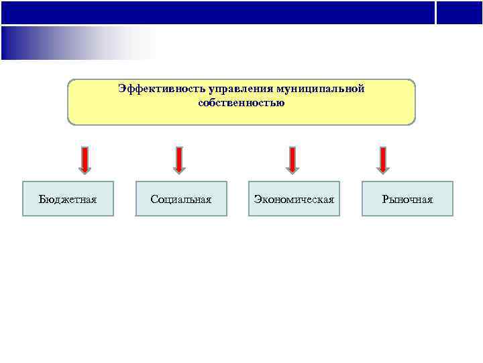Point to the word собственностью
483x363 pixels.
click(241, 103)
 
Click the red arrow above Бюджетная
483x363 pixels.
click(85, 160)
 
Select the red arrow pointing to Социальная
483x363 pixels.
click(179, 160)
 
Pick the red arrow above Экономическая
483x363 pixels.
click(292, 160)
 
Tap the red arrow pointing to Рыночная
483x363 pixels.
click(383, 160)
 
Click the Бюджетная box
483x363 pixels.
click(68, 198)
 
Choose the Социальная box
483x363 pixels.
click(181, 198)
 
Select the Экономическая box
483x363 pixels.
click(294, 198)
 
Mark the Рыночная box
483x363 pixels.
click(407, 198)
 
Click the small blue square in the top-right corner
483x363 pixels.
click(460, 12)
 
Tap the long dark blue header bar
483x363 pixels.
click(217, 12)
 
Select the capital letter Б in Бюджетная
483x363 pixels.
click(42, 199)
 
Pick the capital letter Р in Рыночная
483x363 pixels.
click(385, 199)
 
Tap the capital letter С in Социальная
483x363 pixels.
click(154, 199)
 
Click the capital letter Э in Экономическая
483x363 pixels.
click(258, 199)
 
